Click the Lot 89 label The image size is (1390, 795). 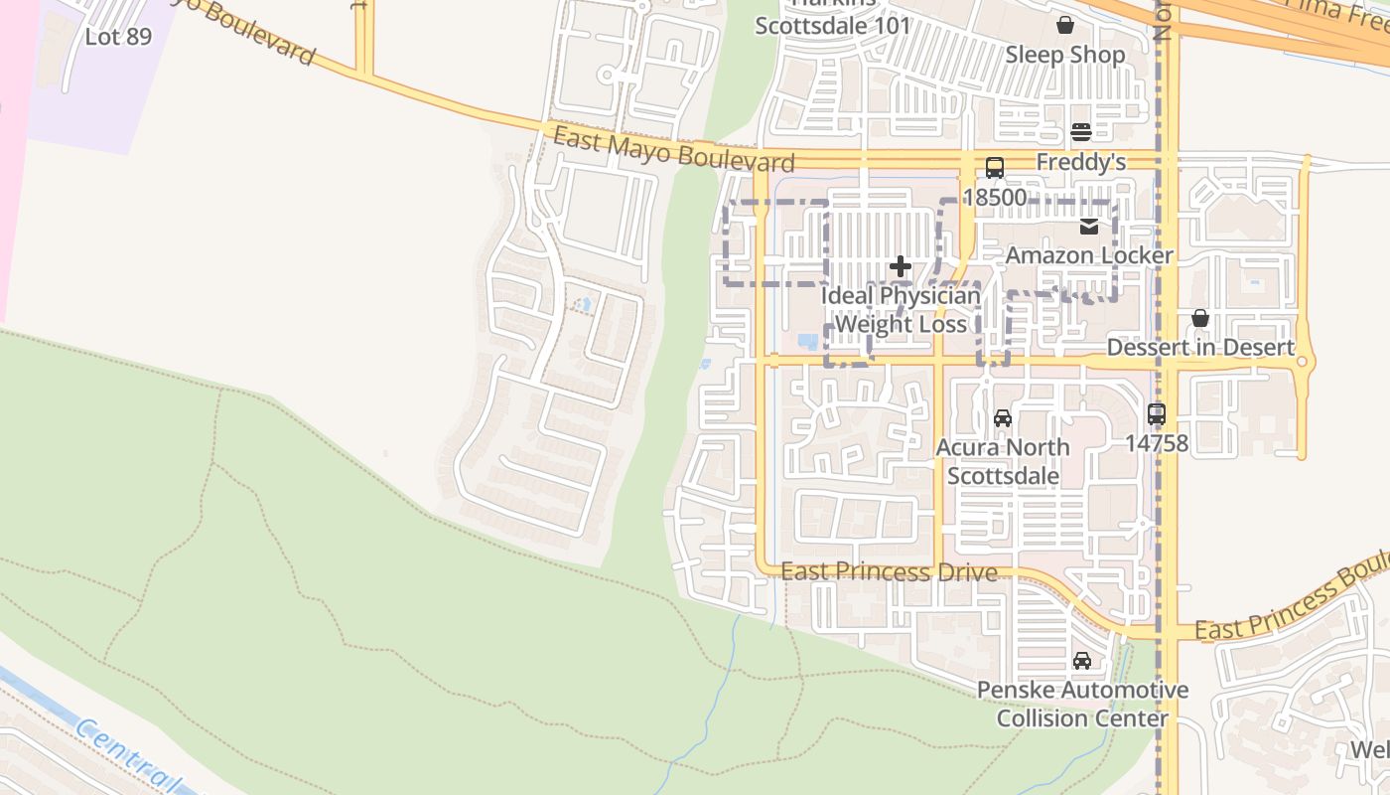pos(118,37)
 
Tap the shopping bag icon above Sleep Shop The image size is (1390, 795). pos(1065,25)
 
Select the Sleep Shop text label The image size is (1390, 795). pos(1065,55)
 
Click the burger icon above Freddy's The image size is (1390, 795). pos(1081,132)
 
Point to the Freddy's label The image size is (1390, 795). pos(1081,161)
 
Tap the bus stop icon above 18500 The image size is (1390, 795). pos(994,168)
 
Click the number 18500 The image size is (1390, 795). pos(994,197)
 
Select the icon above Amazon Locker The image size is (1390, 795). pos(1089,227)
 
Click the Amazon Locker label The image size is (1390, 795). pos(1089,255)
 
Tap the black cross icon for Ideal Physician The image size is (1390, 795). pos(901,266)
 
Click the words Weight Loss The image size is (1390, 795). pos(901,324)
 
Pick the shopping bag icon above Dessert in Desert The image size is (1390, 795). pos(1200,318)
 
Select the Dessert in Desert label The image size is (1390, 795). pos(1200,348)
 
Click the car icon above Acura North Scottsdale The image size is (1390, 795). pos(1002,418)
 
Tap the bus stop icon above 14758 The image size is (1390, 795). pos(1157,413)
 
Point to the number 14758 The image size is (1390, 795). pos(1157,442)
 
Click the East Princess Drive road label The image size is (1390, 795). pos(889,571)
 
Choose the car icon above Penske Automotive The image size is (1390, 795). pos(1081,661)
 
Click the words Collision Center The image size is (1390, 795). pos(1081,717)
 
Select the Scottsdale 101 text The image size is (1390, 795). pos(832,26)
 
